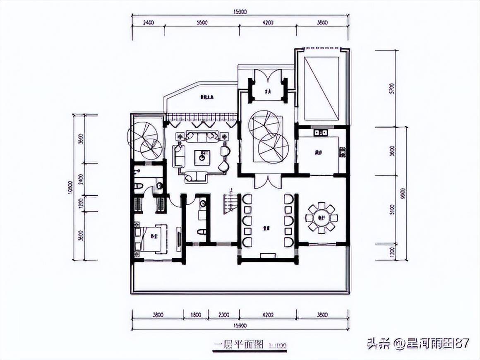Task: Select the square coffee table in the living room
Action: click(202, 157)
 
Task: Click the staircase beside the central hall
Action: click(230, 202)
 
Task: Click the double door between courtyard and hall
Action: click(268, 181)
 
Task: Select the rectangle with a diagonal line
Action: click(322, 89)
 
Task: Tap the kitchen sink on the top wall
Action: click(321, 133)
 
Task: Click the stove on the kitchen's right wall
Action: click(342, 152)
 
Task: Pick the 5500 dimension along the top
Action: click(202, 23)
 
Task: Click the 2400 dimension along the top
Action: click(148, 23)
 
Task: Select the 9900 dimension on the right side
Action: click(402, 193)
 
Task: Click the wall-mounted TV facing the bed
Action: click(178, 239)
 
